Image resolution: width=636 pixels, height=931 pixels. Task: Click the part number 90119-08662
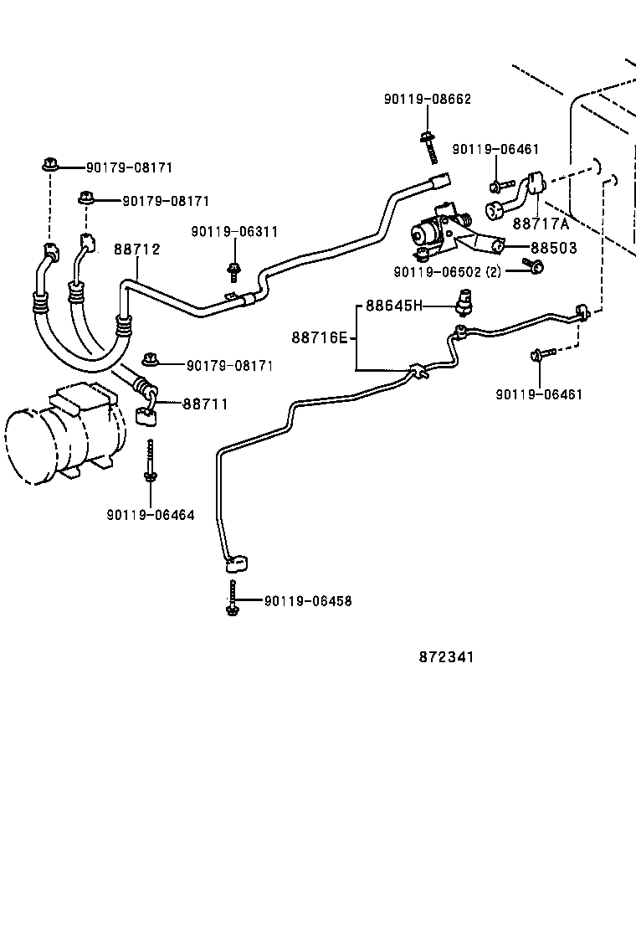tap(428, 99)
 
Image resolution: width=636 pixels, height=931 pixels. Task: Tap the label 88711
tap(205, 404)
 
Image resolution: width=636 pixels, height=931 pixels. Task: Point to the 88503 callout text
tap(553, 249)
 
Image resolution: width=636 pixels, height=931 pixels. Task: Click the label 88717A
tap(540, 224)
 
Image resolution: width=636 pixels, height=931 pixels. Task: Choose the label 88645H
tap(394, 306)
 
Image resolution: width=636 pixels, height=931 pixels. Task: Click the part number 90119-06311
tap(234, 232)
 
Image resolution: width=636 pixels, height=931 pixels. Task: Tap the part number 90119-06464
tap(151, 515)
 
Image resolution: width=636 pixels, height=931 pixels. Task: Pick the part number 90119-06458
tap(308, 601)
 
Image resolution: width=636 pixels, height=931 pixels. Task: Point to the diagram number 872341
tap(446, 657)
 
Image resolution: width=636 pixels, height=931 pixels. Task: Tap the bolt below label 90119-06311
tap(233, 270)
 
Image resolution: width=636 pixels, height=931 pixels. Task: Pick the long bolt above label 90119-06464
tap(150, 460)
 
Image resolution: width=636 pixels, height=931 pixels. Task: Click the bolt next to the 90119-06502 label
tap(535, 266)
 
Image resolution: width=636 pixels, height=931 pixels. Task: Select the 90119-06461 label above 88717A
tap(495, 149)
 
